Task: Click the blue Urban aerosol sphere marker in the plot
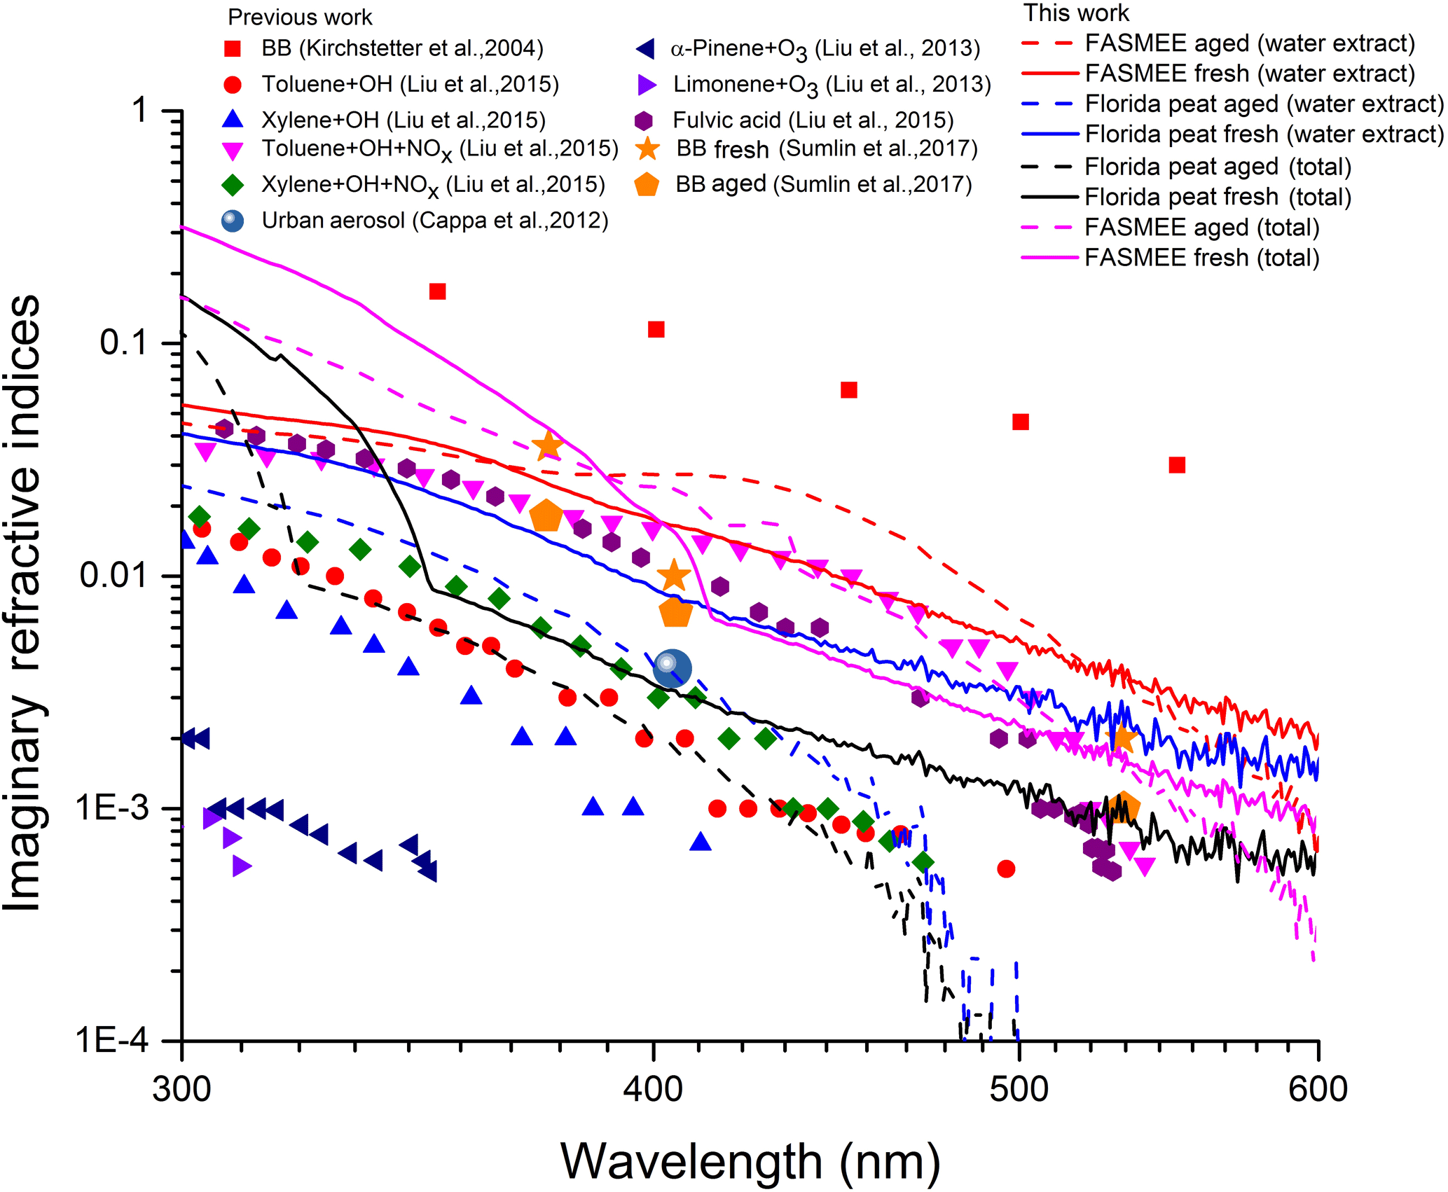672,667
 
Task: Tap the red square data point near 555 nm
1177,465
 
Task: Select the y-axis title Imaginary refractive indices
22,602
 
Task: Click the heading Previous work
300,17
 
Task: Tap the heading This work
1076,13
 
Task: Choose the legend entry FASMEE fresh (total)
1201,258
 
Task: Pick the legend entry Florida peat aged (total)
1218,167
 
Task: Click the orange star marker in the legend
647,148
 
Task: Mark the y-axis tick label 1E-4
112,1041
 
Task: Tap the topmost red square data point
437,291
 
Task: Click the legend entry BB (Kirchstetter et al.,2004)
402,48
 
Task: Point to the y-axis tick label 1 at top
141,111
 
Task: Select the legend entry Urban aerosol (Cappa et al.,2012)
434,221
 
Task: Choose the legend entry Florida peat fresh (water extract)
1264,134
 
